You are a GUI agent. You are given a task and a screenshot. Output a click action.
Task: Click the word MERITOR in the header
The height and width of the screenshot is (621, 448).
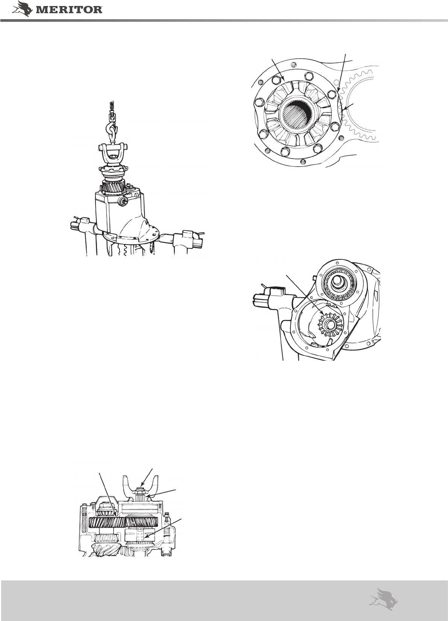point(69,10)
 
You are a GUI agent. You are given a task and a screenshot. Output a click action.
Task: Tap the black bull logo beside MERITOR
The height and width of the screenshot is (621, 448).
point(23,8)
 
